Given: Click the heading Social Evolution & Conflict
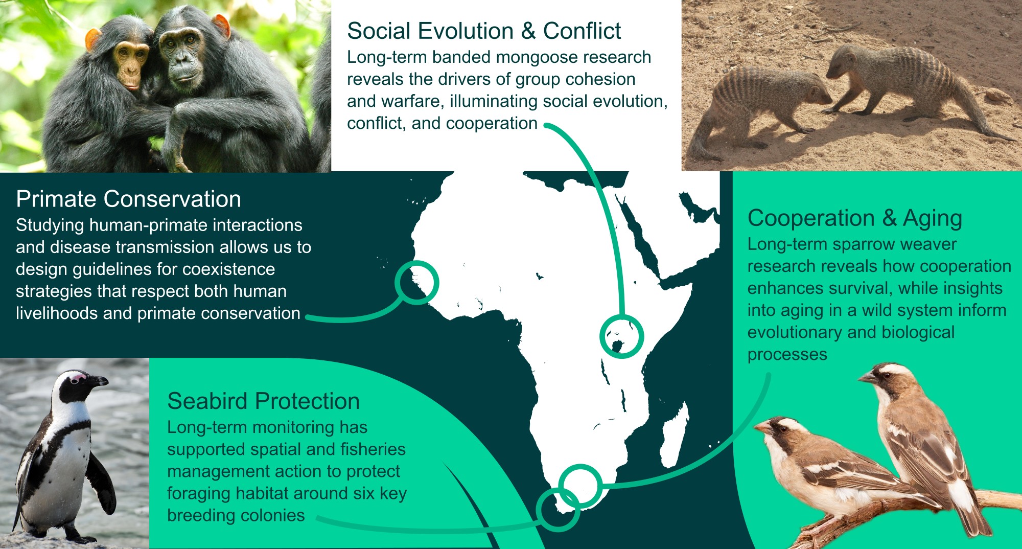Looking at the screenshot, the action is coord(484,31).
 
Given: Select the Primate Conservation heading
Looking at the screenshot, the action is coord(128,199).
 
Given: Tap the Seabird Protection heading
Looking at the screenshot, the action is coord(263,401).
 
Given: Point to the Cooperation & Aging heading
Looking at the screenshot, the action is coord(854,218).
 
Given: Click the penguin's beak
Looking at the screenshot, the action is coord(97,381).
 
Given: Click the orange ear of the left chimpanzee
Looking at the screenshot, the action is coord(93,39).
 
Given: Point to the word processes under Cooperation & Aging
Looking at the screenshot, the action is coord(787,355).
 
